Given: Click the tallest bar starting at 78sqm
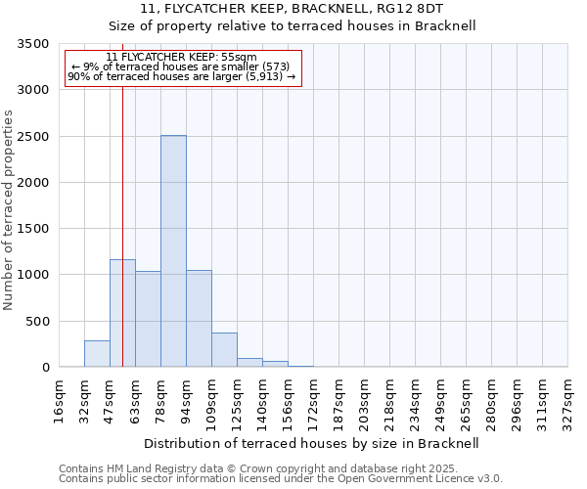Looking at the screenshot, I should tap(173, 251).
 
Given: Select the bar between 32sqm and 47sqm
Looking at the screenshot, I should tap(97, 354).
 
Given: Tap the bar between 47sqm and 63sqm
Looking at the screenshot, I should tap(122, 313).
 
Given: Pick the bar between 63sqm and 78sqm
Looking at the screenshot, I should tap(148, 319).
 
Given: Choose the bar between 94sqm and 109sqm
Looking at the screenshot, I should tap(199, 319).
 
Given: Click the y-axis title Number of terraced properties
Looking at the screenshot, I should tap(9, 210).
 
